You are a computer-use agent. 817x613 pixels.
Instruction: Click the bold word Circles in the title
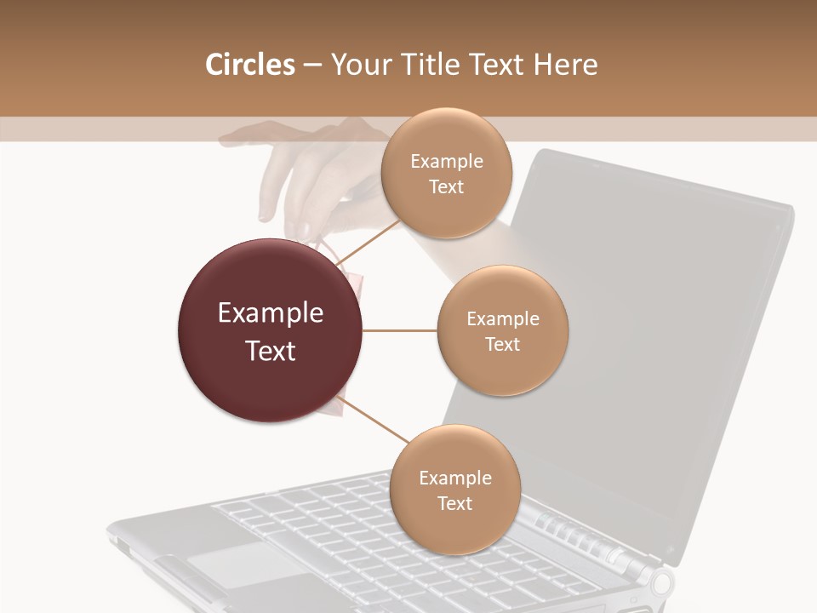tap(249, 65)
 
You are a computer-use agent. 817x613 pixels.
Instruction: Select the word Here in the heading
tap(566, 65)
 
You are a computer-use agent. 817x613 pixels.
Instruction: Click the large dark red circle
tap(271, 330)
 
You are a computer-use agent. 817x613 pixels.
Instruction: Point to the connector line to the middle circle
tap(400, 330)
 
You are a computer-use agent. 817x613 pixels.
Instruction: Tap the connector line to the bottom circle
tap(374, 420)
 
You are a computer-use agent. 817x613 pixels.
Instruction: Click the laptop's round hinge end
tap(662, 583)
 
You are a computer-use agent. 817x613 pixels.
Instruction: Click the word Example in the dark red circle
tap(271, 313)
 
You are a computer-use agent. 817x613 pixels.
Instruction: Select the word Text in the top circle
tap(446, 187)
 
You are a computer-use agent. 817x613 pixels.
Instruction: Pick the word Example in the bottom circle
tap(454, 478)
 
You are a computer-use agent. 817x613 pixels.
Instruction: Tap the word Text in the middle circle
tap(502, 345)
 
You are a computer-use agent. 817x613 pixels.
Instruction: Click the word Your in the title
tap(361, 65)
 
